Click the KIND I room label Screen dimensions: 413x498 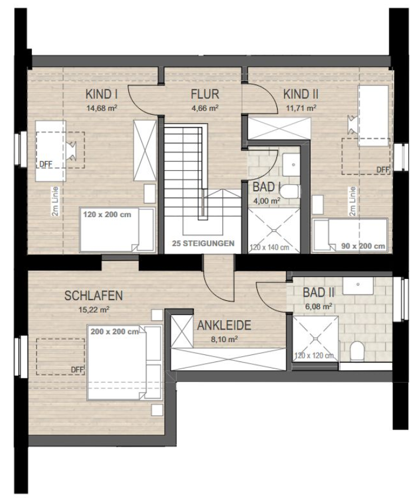[x=102, y=94]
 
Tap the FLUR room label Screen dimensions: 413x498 [x=205, y=94]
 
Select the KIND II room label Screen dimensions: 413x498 [x=301, y=94]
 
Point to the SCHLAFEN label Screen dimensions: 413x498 [x=94, y=296]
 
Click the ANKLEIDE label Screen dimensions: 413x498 [x=224, y=325]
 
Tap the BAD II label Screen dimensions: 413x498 [x=318, y=292]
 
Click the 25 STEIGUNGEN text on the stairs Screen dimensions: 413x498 [x=203, y=244]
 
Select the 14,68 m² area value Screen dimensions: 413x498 [x=102, y=108]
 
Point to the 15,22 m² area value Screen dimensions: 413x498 [x=94, y=310]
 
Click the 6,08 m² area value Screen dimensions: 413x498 [x=319, y=306]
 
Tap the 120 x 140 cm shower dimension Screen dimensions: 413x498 [x=269, y=247]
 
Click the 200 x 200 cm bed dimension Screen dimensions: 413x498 [x=115, y=332]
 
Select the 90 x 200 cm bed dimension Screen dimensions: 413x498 [x=363, y=246]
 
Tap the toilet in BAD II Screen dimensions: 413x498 [x=357, y=351]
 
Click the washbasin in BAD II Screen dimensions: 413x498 [x=358, y=285]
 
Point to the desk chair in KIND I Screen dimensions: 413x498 [x=71, y=150]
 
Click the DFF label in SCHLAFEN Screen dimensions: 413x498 [x=78, y=370]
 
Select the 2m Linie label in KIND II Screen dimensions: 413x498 [x=352, y=201]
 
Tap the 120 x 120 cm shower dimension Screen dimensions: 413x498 [x=314, y=356]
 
